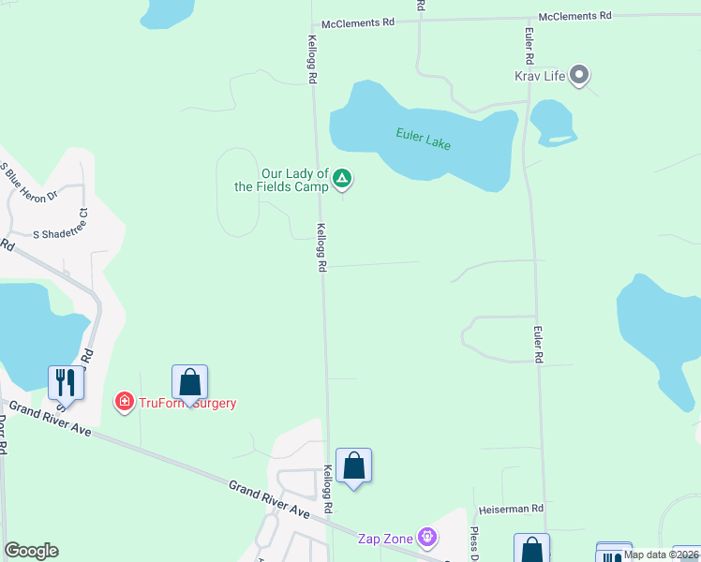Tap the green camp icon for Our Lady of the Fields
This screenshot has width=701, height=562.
click(343, 177)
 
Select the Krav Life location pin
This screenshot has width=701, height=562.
click(579, 75)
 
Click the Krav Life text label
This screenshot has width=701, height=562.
click(540, 76)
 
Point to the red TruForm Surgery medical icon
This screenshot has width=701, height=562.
click(123, 403)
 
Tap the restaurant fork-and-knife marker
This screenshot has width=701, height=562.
click(66, 381)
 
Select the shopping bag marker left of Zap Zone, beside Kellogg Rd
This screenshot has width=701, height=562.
click(353, 466)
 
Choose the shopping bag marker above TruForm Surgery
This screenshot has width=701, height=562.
click(189, 382)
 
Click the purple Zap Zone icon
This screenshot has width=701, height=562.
click(427, 539)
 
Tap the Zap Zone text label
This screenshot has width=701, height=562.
click(386, 539)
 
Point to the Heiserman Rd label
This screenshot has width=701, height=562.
click(511, 509)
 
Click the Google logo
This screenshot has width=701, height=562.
click(31, 551)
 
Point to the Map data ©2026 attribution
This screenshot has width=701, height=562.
click(661, 555)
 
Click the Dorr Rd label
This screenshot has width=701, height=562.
click(3, 436)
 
